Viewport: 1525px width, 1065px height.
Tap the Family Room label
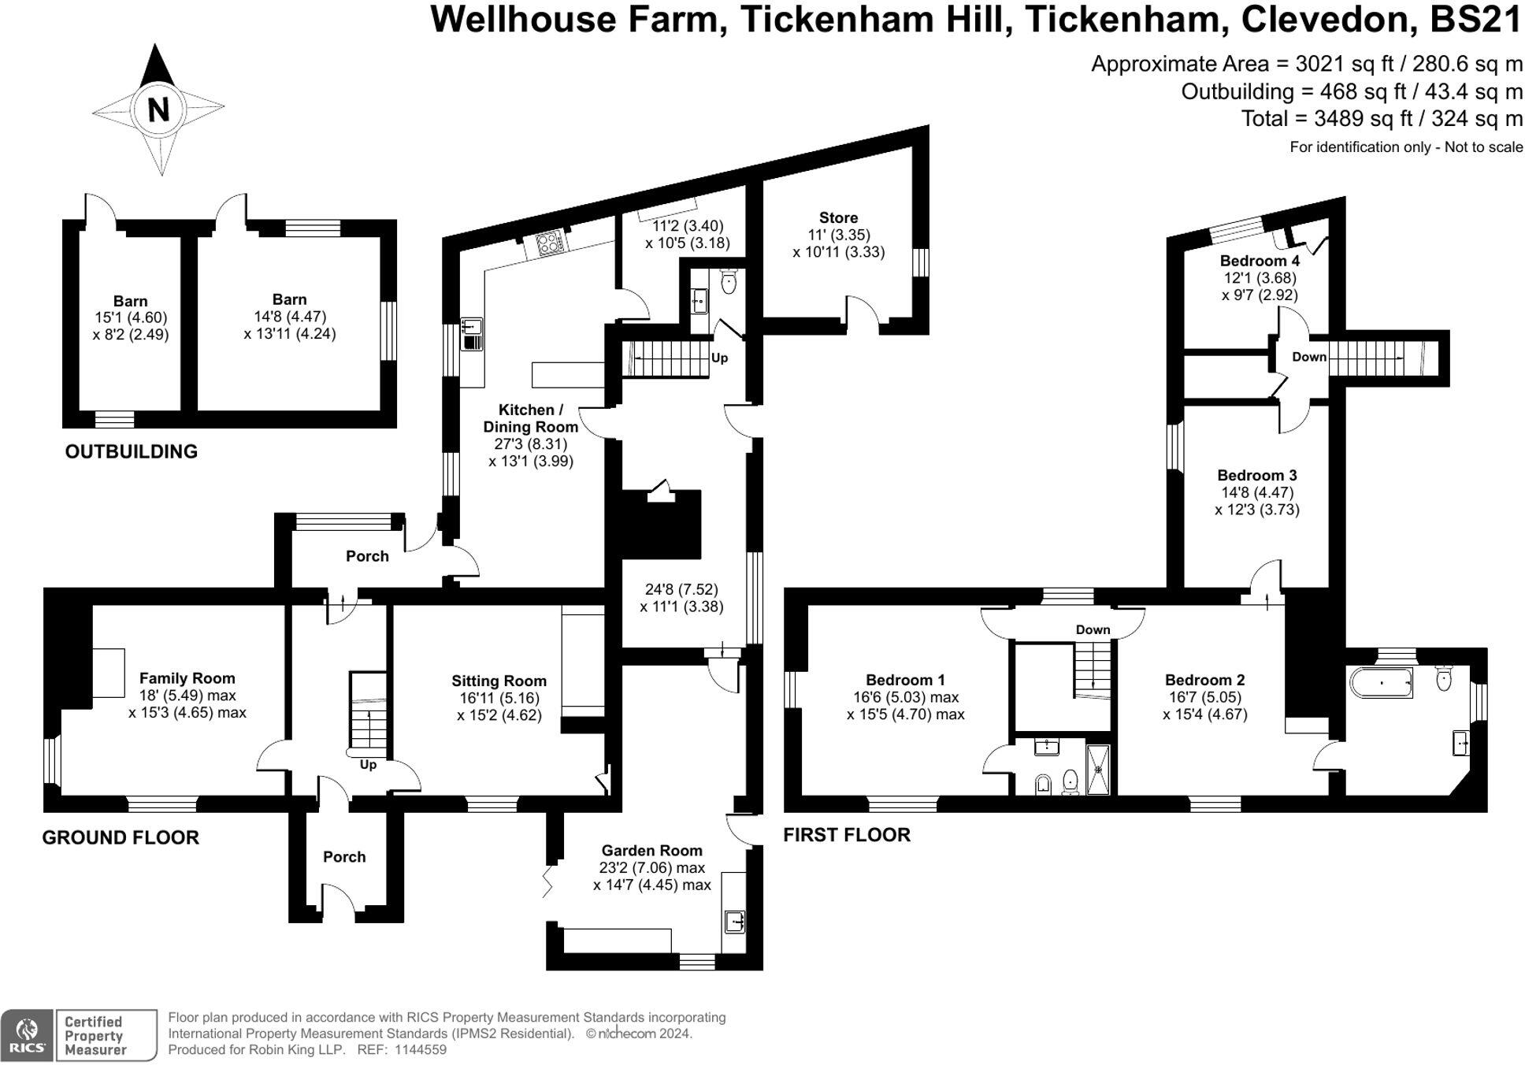tap(187, 678)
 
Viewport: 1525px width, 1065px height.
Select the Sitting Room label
tap(499, 681)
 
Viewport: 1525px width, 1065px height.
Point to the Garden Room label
tap(651, 851)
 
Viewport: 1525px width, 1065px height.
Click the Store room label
tap(838, 217)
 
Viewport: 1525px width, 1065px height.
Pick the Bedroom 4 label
tap(1260, 261)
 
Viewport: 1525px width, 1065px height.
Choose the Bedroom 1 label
tap(905, 680)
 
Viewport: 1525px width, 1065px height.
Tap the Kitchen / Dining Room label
tap(530, 418)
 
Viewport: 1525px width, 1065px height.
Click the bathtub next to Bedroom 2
tap(1382, 683)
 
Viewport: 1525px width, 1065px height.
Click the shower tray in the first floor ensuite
tap(1098, 769)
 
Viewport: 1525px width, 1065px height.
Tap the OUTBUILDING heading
tap(131, 451)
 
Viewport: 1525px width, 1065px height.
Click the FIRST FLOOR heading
tap(847, 835)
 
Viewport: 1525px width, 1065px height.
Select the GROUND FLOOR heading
tap(121, 837)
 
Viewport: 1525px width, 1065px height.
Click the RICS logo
tap(27, 1035)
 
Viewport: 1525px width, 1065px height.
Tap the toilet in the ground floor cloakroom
tap(729, 281)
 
